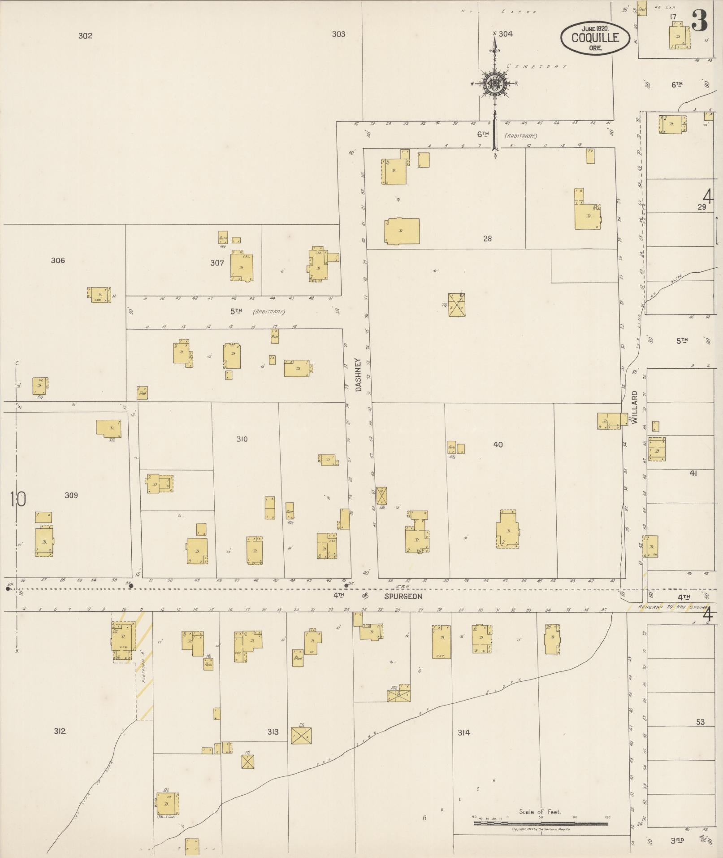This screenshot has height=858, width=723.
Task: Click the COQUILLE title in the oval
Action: coord(595,38)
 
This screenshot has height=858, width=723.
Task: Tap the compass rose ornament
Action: coord(494,83)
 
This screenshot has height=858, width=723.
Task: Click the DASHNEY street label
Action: coord(358,375)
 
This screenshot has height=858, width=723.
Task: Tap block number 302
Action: coord(85,36)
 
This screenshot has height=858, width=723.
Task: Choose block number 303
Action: coord(338,34)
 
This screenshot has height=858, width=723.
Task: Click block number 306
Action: coord(58,260)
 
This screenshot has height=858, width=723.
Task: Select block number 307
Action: coord(217,263)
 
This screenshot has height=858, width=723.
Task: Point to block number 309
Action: coord(71,495)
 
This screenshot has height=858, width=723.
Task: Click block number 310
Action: coord(242,439)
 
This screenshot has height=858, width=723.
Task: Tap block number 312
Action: coord(60,731)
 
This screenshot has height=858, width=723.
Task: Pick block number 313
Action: coord(273,732)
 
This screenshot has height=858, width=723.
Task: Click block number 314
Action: coord(463,732)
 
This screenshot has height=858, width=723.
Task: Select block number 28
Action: coord(487,239)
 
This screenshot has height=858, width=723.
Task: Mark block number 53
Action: coord(700,722)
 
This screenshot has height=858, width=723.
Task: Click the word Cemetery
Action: coord(536,66)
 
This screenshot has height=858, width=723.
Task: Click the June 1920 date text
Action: coord(592,28)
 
